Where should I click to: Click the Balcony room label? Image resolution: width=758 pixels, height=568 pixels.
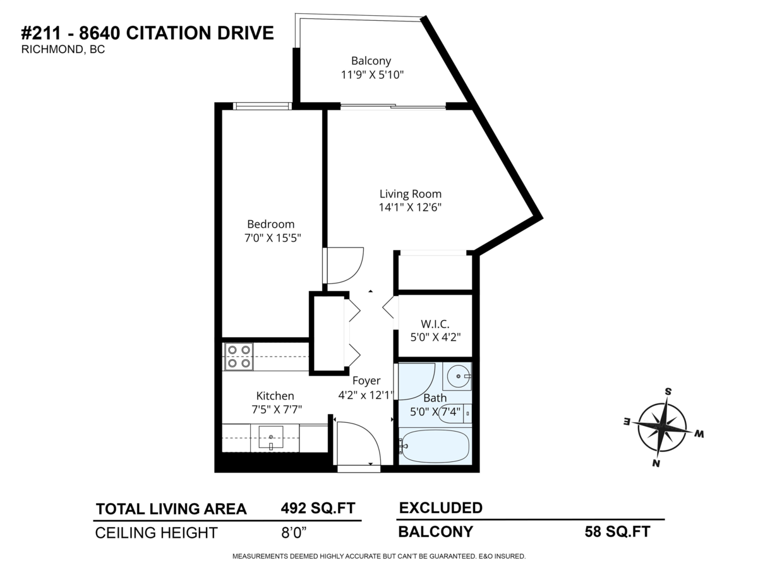(x=371, y=61)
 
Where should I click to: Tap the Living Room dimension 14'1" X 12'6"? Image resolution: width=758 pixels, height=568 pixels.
(x=410, y=207)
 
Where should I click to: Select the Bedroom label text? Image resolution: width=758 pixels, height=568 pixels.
(x=271, y=225)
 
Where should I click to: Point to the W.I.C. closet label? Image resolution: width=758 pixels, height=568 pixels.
(x=435, y=324)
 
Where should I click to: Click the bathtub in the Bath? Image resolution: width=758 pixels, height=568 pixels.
(x=435, y=446)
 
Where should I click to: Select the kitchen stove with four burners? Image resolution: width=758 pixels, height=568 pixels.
(x=239, y=357)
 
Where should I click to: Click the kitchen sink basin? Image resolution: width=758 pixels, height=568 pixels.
(x=271, y=437)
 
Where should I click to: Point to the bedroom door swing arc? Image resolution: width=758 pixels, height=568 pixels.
(x=352, y=275)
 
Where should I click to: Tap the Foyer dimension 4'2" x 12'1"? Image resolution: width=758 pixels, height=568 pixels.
(x=366, y=395)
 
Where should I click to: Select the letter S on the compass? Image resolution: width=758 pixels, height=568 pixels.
(x=668, y=391)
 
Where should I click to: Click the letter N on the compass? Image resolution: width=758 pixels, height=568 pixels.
(x=656, y=463)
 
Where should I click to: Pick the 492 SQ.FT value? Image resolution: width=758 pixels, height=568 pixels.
(x=318, y=508)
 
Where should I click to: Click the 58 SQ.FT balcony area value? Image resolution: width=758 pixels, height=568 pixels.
(x=617, y=531)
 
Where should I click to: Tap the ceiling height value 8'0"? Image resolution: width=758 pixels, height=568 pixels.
(x=294, y=533)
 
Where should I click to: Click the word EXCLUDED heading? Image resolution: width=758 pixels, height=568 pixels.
(x=441, y=507)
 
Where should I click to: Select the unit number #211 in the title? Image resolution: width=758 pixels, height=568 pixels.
(x=41, y=33)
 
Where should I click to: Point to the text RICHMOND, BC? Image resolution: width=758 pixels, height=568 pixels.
(x=63, y=50)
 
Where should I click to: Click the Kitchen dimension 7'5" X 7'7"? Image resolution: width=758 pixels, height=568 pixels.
(x=277, y=410)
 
